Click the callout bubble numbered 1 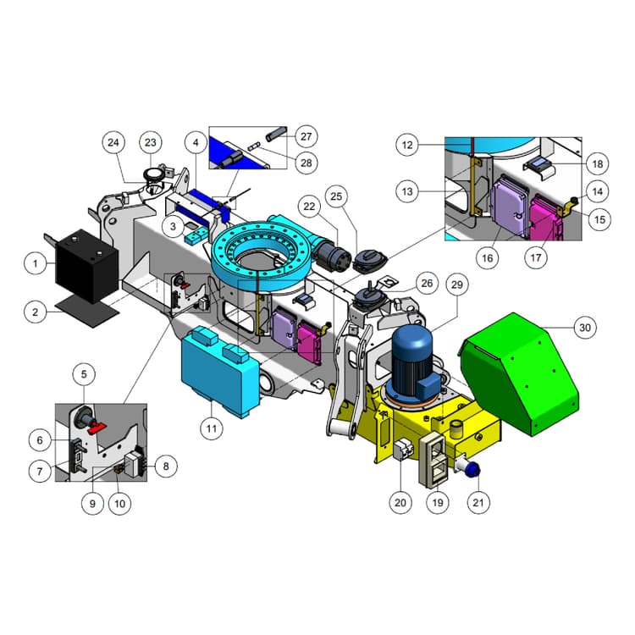[x=35, y=264]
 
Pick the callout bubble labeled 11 [x=213, y=428]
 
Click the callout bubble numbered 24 [x=115, y=143]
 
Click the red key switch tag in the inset [x=96, y=427]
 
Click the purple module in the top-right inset [x=511, y=203]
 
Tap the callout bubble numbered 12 [x=408, y=145]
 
